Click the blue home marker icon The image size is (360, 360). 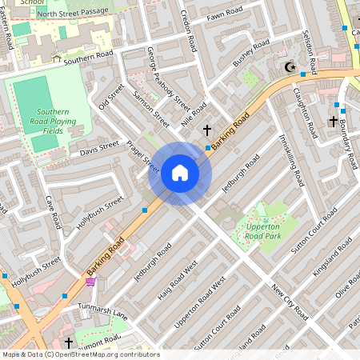[180, 173]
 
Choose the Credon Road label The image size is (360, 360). [187, 32]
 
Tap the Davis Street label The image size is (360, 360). [99, 147]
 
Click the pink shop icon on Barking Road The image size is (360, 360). [90, 282]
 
